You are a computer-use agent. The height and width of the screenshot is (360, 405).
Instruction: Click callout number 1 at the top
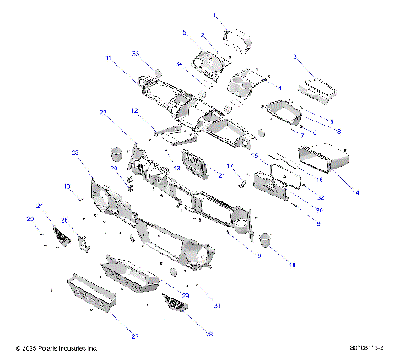click(214, 15)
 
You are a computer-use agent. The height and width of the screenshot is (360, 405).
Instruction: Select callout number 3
click(295, 56)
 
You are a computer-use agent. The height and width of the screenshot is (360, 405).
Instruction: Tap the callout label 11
click(109, 56)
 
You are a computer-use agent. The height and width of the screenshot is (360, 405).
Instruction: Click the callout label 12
click(134, 110)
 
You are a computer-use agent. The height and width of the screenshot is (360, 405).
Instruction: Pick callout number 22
click(103, 112)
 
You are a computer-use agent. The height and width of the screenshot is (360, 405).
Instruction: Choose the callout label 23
click(75, 153)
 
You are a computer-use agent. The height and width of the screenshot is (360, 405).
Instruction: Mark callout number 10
click(67, 185)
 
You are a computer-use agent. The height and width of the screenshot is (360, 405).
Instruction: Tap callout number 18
click(294, 265)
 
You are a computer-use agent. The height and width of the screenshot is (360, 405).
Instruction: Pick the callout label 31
click(217, 304)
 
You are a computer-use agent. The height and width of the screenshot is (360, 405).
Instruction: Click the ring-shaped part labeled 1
click(236, 37)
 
